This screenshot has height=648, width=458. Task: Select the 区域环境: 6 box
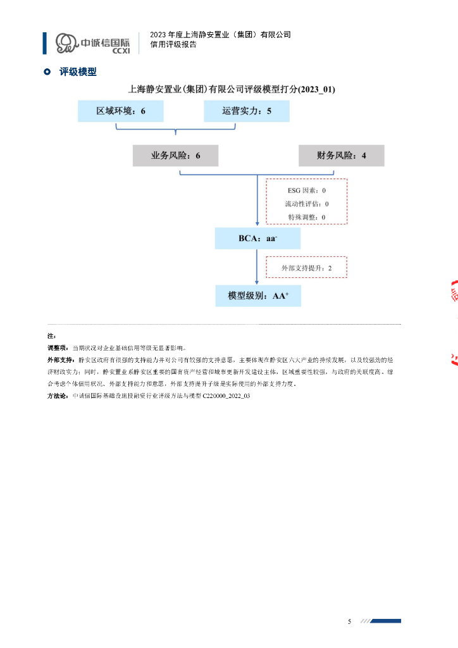click(121, 111)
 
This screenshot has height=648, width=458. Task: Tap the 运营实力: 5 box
click(247, 111)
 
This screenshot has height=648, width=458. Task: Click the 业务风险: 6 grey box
click(175, 155)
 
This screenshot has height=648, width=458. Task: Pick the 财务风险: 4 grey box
click(341, 155)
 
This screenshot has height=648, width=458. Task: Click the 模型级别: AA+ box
click(257, 296)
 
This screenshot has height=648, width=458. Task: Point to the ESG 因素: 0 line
click(306, 190)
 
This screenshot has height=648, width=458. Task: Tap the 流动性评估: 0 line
click(306, 204)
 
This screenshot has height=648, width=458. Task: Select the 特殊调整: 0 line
click(306, 217)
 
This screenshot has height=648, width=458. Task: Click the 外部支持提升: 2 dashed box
click(306, 268)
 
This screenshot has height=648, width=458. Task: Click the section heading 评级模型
click(78, 72)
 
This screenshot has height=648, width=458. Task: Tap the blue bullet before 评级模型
click(47, 72)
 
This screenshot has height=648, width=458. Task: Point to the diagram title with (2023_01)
click(232, 90)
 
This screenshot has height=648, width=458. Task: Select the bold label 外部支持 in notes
click(61, 359)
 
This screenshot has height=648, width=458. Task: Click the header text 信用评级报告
click(173, 45)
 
